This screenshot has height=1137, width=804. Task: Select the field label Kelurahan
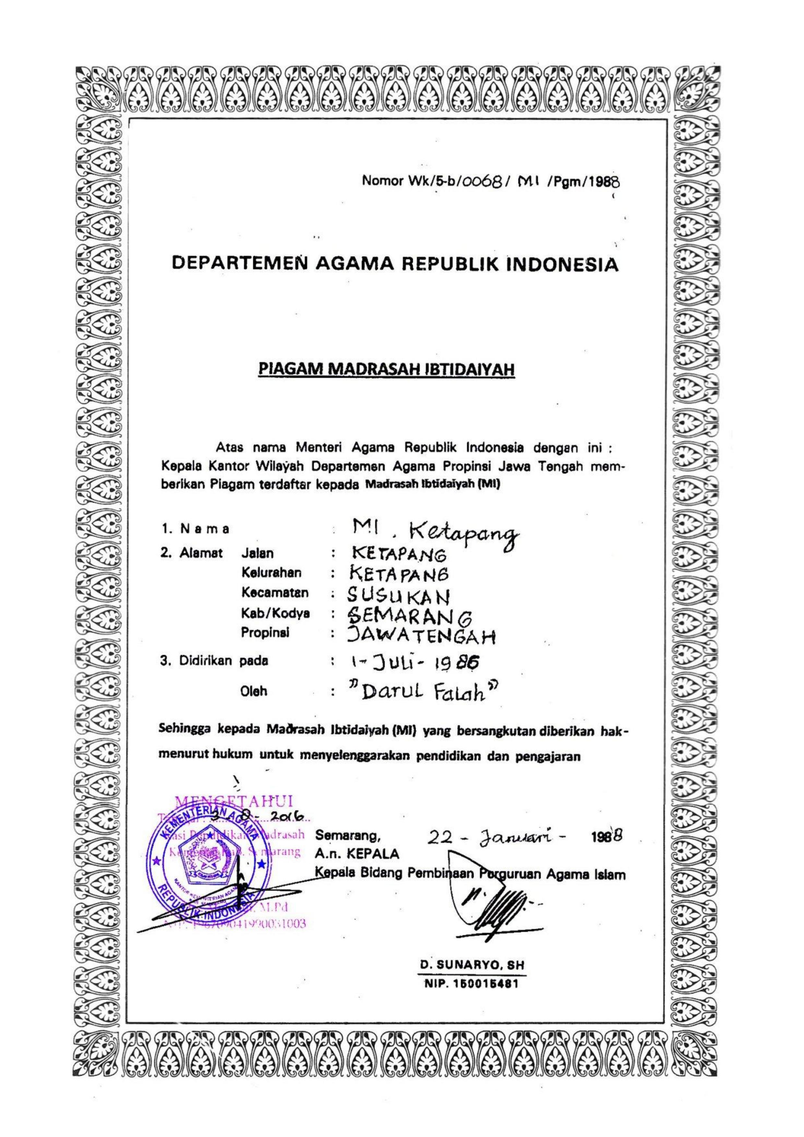pyautogui.click(x=271, y=573)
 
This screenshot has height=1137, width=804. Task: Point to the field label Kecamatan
pyautogui.click(x=275, y=592)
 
